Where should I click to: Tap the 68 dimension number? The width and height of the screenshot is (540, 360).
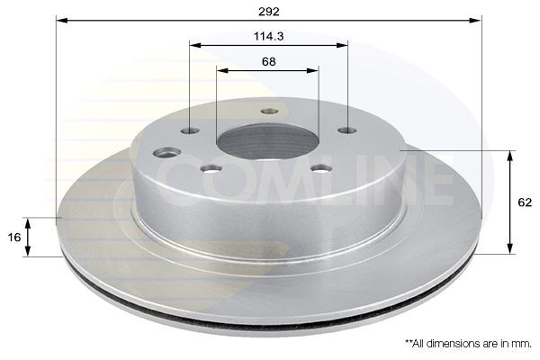(x=267, y=61)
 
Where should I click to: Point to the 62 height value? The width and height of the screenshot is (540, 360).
(x=526, y=203)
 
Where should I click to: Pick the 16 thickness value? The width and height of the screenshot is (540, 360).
(x=13, y=237)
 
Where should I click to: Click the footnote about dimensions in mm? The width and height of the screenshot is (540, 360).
(x=468, y=343)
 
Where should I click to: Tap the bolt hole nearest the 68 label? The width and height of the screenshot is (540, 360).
(x=269, y=112)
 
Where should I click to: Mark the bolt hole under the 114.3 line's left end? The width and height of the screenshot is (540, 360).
(x=190, y=131)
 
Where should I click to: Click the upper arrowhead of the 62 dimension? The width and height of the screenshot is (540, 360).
(x=511, y=156)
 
